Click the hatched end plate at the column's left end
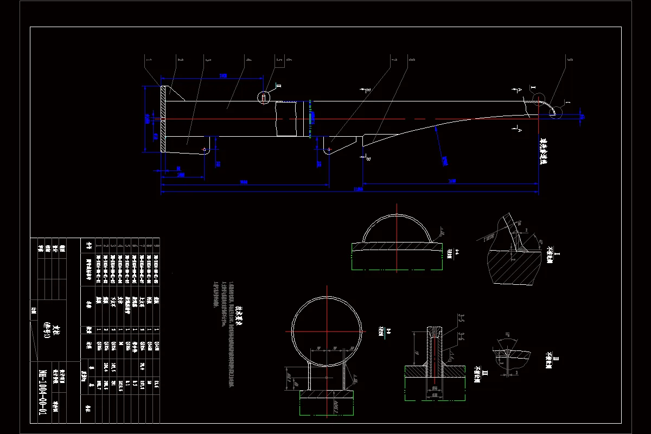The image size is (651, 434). coord(163,119)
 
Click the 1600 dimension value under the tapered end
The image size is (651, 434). coord(452,181)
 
